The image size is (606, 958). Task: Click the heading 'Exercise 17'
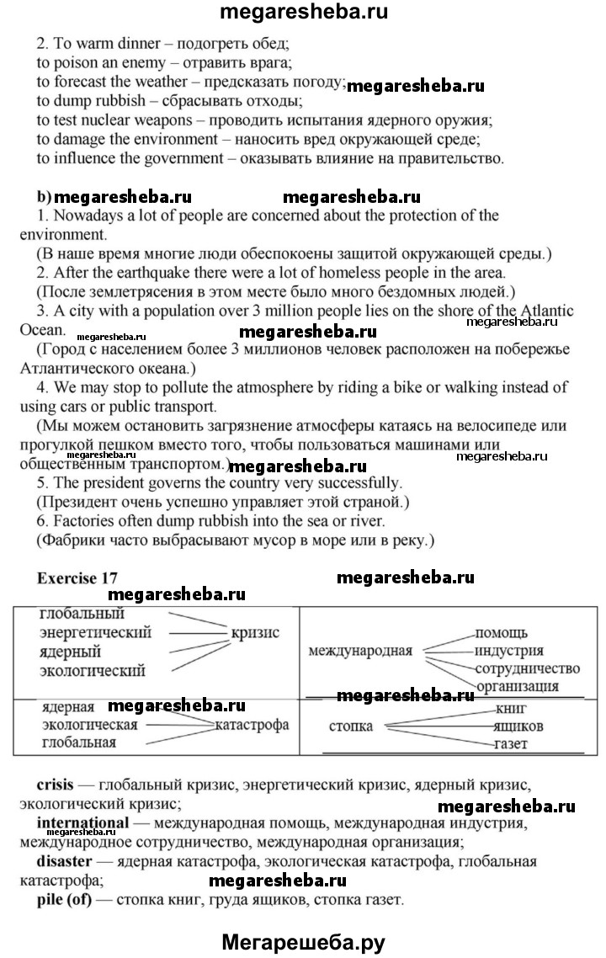(x=77, y=578)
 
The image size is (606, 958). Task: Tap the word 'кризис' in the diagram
(x=255, y=632)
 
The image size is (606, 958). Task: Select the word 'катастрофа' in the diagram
(x=252, y=724)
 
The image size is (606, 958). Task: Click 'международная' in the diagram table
(x=360, y=650)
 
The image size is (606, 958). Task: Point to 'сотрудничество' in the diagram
(x=527, y=668)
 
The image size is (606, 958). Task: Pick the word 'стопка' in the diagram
(x=350, y=726)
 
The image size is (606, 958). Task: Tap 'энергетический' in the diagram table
(x=96, y=632)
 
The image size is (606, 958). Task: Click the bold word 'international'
(x=83, y=822)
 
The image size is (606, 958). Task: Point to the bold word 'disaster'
(x=66, y=861)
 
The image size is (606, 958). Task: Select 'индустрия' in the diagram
(x=509, y=650)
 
